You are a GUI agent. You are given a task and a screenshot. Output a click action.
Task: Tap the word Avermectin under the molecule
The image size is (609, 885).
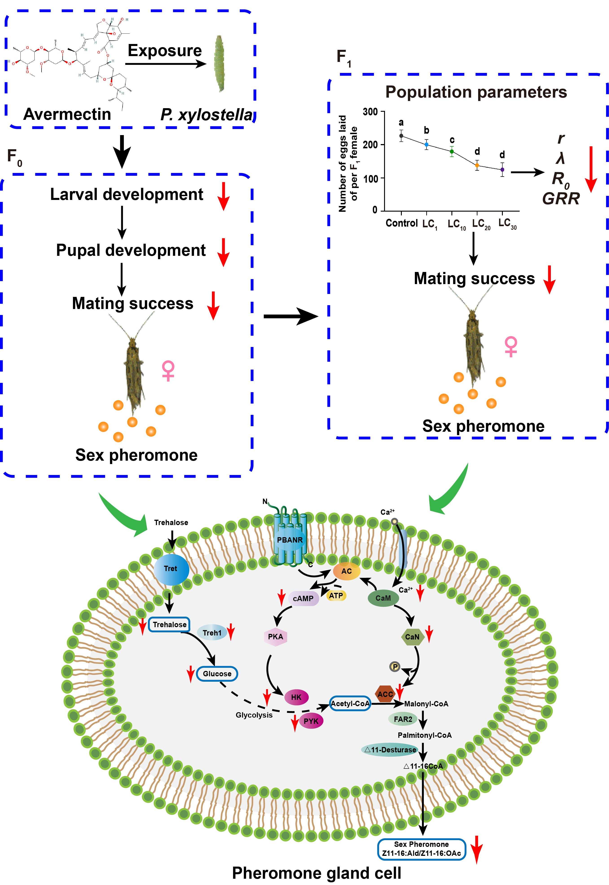(67, 114)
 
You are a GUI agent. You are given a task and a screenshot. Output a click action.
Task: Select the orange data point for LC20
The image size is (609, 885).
(477, 165)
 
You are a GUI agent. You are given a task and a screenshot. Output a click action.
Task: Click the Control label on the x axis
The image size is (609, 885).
(401, 223)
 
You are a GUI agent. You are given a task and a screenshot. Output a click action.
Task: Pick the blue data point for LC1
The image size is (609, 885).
(426, 145)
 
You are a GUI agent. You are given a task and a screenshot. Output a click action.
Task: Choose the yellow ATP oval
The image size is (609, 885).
(336, 596)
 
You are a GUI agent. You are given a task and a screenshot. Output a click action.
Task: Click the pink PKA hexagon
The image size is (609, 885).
(275, 637)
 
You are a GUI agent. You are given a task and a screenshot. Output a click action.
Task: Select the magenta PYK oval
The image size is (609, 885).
(311, 721)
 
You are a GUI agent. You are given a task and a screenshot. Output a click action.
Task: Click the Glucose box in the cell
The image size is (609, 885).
(217, 674)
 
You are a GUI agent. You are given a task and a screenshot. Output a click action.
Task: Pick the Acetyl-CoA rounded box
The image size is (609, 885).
(350, 703)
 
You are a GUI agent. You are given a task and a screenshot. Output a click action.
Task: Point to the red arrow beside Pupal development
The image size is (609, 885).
(223, 252)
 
